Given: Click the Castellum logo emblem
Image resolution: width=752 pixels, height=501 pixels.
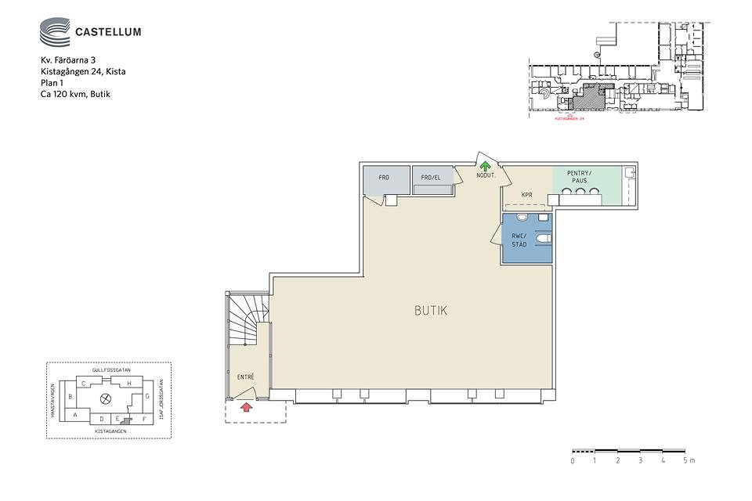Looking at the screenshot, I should click(x=54, y=32).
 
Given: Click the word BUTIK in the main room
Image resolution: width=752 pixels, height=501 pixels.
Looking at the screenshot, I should click(x=431, y=311).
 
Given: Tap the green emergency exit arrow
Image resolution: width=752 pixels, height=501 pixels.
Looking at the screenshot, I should click(x=485, y=166).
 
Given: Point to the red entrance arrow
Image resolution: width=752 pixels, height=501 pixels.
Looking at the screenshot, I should click(x=246, y=406).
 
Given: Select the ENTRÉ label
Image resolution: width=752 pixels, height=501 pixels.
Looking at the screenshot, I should click(x=246, y=377).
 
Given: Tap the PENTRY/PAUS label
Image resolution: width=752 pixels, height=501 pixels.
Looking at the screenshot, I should click(x=580, y=176).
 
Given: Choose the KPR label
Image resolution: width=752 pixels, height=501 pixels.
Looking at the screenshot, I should click(x=527, y=195).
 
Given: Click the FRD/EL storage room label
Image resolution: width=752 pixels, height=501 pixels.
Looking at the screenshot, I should click(x=431, y=178).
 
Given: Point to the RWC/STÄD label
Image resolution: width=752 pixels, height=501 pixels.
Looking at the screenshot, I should click(x=519, y=240).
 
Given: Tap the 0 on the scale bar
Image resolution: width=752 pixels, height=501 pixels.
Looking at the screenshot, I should click(x=573, y=460).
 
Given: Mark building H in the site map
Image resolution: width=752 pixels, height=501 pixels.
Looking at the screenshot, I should click(x=129, y=384).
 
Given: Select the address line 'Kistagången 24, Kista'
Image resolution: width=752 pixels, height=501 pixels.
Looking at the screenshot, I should click(x=83, y=71).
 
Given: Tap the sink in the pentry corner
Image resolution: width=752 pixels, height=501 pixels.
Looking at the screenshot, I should click(x=629, y=173).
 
